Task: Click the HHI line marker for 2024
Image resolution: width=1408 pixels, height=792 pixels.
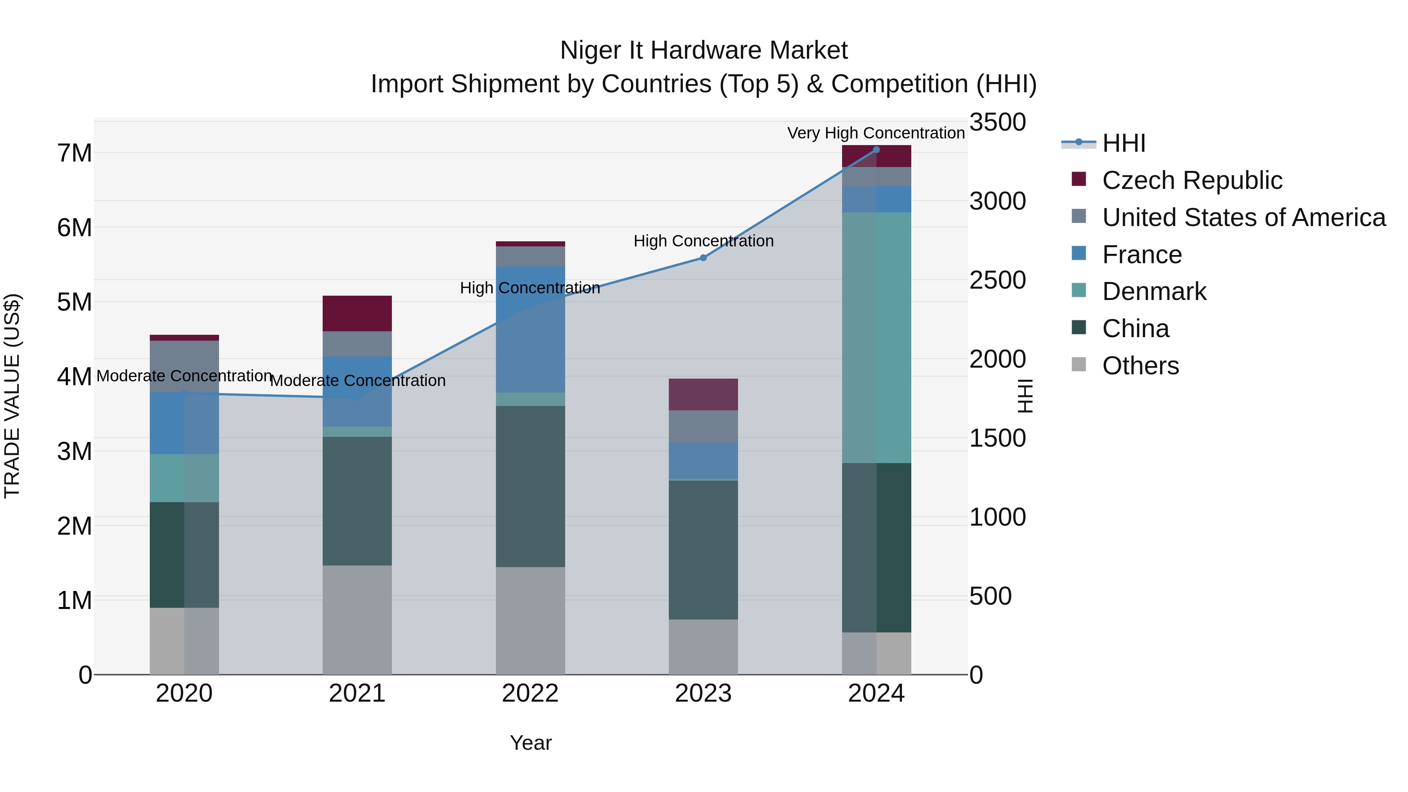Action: point(876,149)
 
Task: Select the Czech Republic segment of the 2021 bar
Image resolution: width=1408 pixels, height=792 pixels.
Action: point(357,313)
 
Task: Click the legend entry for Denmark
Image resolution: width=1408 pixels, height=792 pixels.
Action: point(1154,291)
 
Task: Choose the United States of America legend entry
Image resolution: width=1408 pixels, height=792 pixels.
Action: point(1243,217)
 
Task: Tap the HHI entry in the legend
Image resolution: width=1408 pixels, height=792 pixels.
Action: point(1123,143)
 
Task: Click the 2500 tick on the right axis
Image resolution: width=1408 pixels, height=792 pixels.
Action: point(997,280)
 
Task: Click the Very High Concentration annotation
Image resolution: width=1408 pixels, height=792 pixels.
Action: point(876,133)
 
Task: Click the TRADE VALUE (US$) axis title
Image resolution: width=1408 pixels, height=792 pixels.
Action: point(12,396)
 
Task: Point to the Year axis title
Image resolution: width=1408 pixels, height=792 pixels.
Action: point(530,743)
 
